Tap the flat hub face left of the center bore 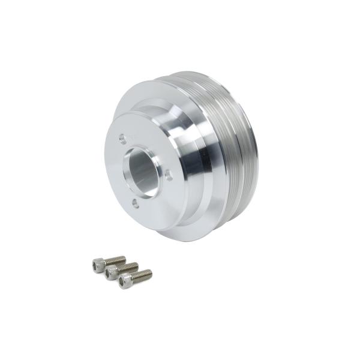pyautogui.click(x=115, y=174)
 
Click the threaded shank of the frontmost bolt pyautogui.click(x=140, y=277)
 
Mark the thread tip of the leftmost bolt pyautogui.click(x=124, y=258)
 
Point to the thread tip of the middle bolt pyautogui.click(x=137, y=265)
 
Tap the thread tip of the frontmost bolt pyautogui.click(x=150, y=273)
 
